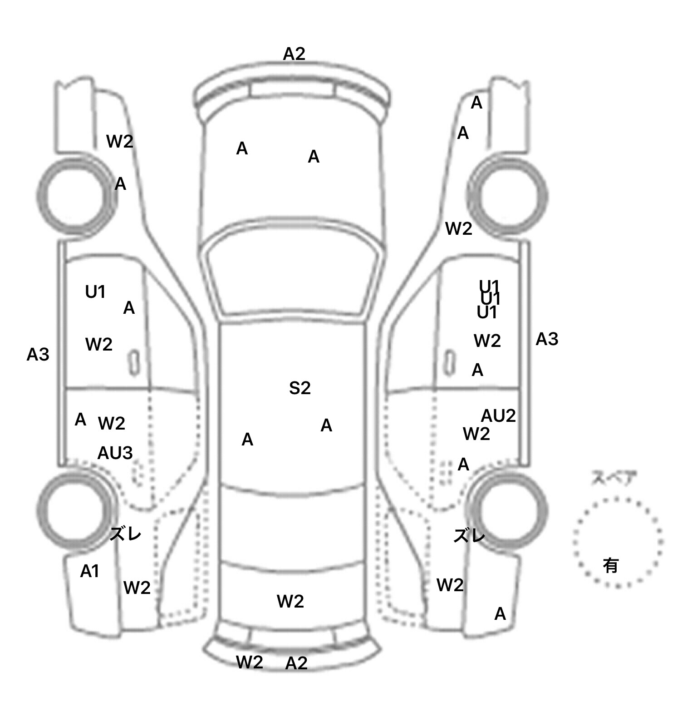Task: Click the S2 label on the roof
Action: (300, 388)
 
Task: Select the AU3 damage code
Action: (115, 453)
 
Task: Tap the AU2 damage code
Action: (498, 415)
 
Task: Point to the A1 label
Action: (89, 571)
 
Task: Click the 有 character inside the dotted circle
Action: (611, 565)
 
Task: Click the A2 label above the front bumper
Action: (294, 54)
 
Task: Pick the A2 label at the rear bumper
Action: (296, 663)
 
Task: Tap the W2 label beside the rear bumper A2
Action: (250, 662)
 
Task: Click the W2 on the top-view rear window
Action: (290, 602)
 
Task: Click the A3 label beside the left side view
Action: (38, 355)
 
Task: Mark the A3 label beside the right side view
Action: (547, 339)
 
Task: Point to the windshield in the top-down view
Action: (294, 277)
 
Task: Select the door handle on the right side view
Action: (450, 362)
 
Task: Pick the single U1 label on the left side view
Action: (95, 292)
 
